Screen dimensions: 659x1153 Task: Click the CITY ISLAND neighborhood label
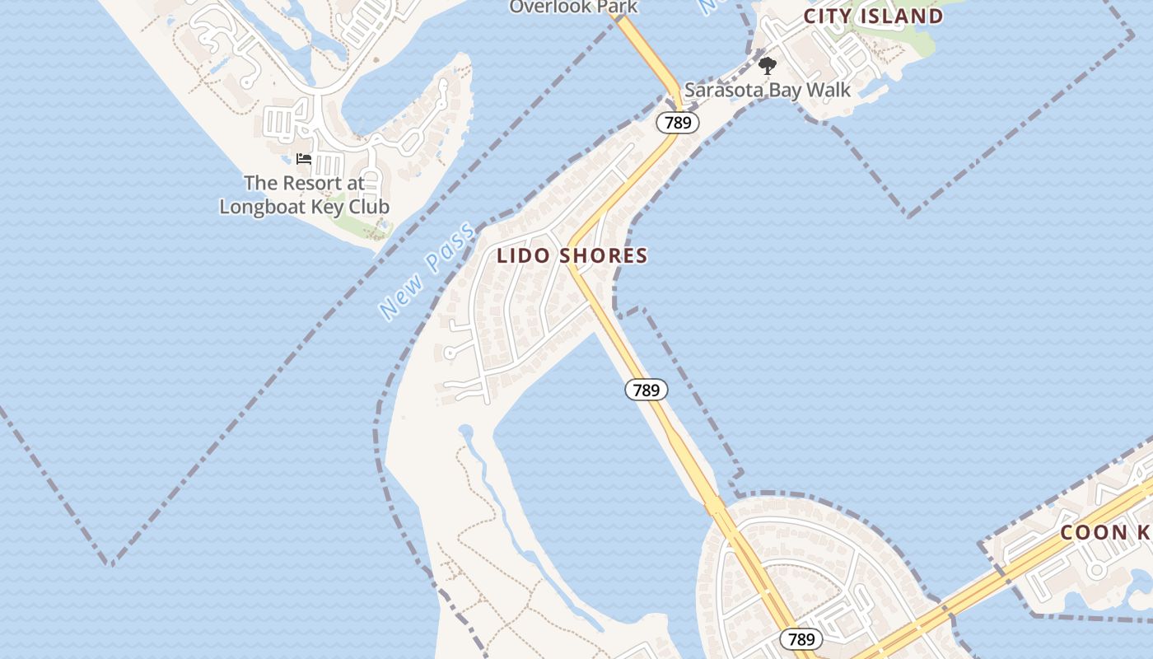click(874, 16)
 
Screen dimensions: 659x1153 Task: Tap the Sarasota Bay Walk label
click(767, 90)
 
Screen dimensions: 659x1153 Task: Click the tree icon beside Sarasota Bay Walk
click(767, 66)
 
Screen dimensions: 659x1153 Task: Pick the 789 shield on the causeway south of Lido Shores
click(647, 390)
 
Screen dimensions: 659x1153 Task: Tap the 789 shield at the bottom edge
click(801, 639)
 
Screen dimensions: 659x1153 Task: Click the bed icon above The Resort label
click(304, 158)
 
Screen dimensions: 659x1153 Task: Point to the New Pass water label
click(427, 271)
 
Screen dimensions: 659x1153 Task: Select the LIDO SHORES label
click(572, 255)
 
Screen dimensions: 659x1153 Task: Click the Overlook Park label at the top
click(573, 7)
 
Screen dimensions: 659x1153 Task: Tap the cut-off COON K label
click(1105, 532)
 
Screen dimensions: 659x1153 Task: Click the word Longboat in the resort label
click(261, 206)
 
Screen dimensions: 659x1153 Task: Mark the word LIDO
click(523, 255)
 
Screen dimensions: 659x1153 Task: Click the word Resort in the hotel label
click(306, 182)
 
